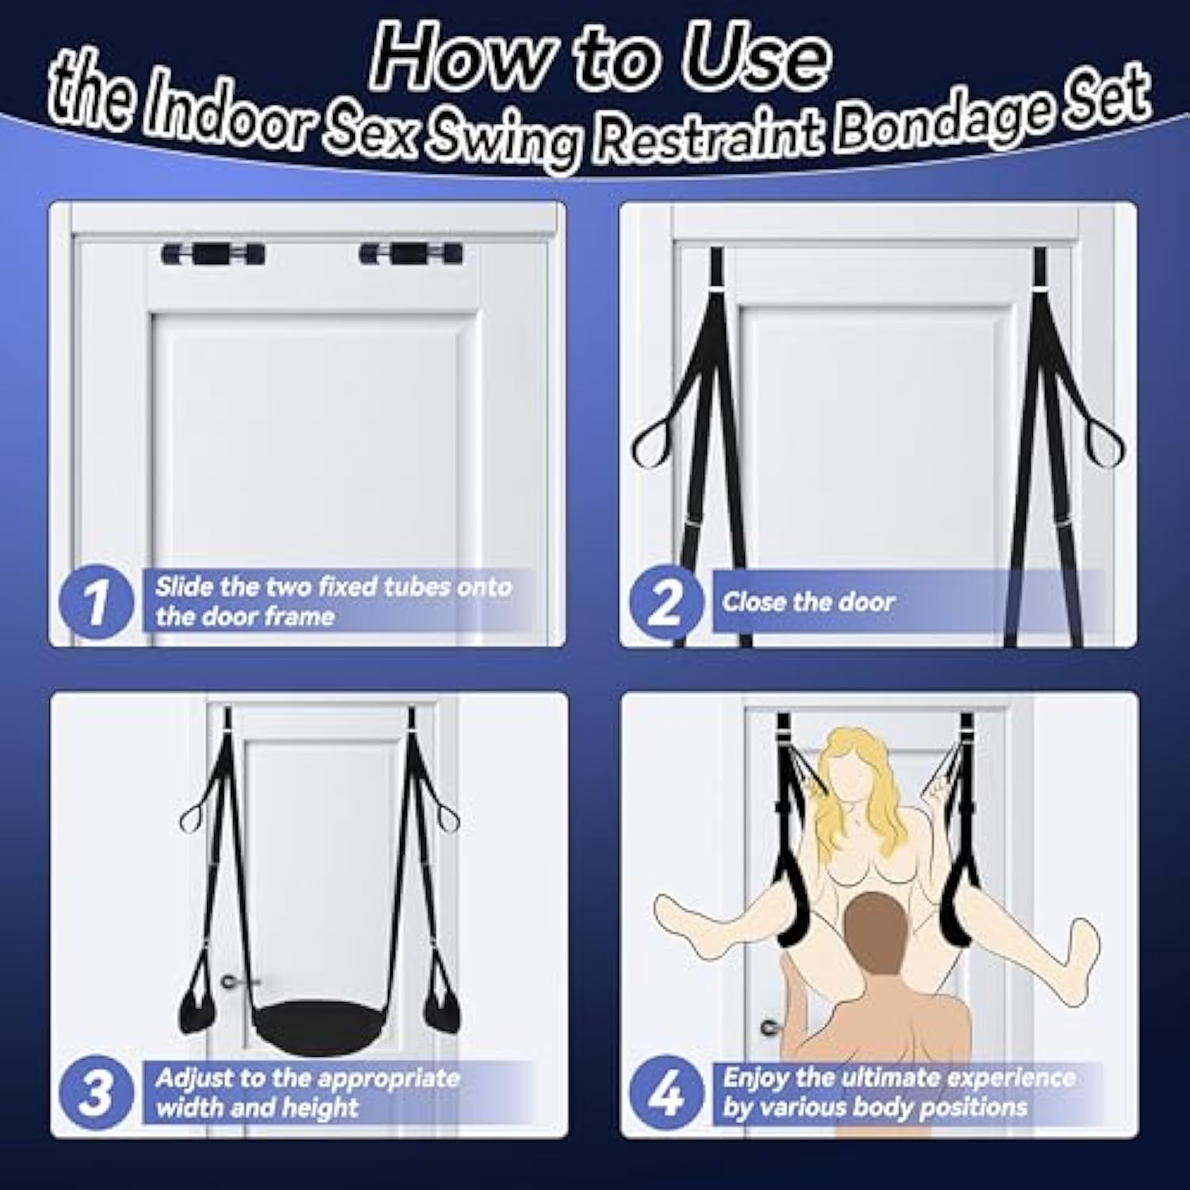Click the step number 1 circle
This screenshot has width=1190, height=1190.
click(97, 601)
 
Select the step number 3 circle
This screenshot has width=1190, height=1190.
click(97, 1093)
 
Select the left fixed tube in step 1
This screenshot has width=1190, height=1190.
click(213, 255)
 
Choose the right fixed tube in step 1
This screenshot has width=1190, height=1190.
click(411, 255)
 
